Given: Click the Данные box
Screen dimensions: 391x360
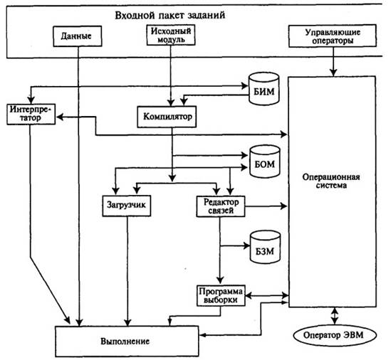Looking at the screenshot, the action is [78, 36].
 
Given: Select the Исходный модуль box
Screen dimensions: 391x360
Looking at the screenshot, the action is [171, 35].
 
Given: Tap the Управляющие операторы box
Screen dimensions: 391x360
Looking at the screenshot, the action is [333, 36].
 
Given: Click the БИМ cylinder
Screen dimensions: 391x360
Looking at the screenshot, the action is [264, 89].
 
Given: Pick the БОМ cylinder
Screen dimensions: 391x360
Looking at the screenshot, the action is [265, 162].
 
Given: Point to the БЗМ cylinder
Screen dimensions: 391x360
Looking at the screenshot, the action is [265, 247].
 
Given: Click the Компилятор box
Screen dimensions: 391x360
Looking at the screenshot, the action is [167, 117].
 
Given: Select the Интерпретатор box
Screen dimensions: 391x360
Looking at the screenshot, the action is [31, 114].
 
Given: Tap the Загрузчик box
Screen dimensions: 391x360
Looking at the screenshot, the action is [127, 206].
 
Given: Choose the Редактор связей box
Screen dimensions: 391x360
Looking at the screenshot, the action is [221, 206].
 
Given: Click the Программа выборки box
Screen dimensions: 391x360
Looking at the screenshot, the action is [221, 296].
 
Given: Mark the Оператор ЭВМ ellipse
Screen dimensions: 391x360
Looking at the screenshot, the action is [334, 335].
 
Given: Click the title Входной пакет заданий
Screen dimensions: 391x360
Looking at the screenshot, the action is [170, 15].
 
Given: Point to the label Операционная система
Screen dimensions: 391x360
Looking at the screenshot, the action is [331, 181].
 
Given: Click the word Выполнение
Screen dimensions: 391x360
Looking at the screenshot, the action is [125, 341].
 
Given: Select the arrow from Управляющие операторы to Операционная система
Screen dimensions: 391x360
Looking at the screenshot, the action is [333, 61].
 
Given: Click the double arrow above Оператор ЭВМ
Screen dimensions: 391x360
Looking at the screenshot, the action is [334, 316].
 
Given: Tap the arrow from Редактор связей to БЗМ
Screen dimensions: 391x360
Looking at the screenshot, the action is [235, 246].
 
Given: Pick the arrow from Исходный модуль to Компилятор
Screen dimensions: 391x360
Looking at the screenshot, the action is [171, 75].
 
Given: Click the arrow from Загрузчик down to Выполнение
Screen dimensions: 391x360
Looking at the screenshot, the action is [127, 271].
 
